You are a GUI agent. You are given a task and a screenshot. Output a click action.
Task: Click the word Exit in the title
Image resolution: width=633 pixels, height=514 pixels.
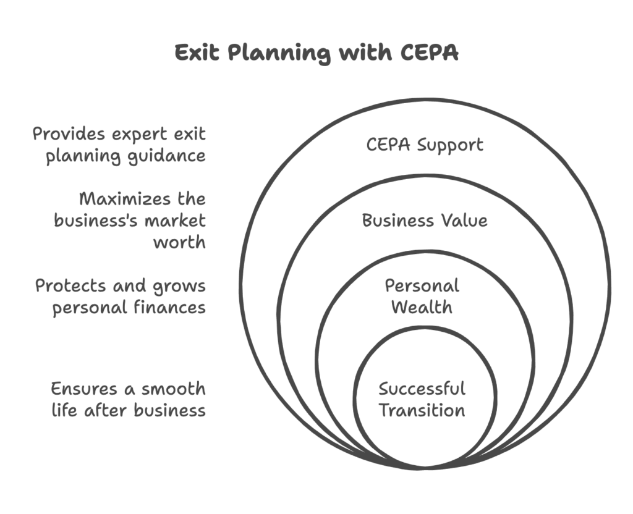click(x=197, y=53)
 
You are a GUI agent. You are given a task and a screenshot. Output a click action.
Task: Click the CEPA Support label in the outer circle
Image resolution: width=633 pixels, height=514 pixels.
click(x=425, y=145)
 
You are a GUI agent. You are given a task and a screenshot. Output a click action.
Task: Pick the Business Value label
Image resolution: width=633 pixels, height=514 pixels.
click(x=425, y=221)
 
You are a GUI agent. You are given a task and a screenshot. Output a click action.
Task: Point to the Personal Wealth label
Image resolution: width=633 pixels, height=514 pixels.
click(x=422, y=296)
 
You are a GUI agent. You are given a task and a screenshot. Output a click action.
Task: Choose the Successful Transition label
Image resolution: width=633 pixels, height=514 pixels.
click(x=422, y=399)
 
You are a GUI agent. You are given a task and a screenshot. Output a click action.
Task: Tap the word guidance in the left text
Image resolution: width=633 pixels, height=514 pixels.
click(x=172, y=156)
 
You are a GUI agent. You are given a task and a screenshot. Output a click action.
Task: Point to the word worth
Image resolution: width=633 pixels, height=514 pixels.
click(x=179, y=242)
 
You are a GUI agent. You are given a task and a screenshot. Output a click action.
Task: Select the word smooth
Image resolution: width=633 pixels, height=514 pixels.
click(x=173, y=389)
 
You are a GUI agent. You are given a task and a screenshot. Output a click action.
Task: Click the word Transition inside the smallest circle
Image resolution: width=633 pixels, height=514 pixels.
click(x=422, y=410)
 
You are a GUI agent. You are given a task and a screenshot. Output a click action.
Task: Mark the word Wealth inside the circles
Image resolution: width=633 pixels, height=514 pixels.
click(x=422, y=306)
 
